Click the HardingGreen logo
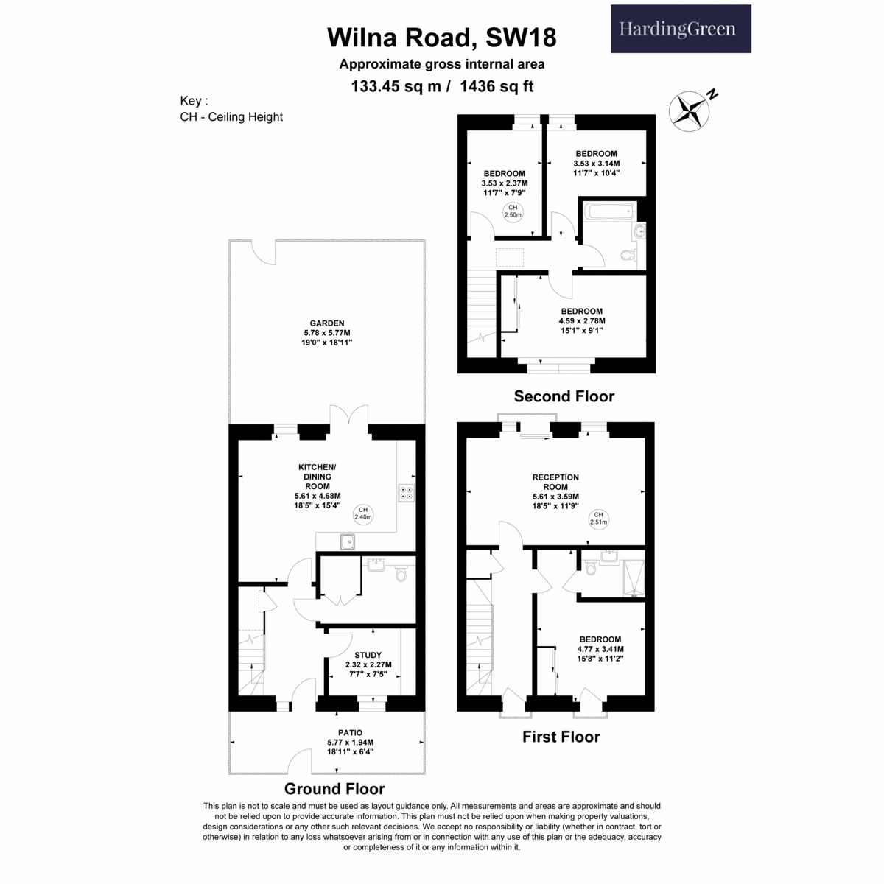point(680,29)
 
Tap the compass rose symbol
point(689,111)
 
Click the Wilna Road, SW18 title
point(441,37)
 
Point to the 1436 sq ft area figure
point(497,86)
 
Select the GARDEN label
point(326,323)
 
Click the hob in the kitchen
point(406,493)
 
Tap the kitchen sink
point(347,541)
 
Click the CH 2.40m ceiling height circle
point(363,513)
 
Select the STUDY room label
point(368,655)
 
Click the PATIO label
point(350,732)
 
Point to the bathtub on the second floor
point(610,211)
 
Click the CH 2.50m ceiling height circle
point(513,211)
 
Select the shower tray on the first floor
point(634,578)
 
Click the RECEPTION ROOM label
point(555,482)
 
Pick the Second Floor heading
point(564,396)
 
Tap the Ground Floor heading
point(334,788)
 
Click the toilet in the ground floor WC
point(401,573)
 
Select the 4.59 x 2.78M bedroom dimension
point(582,320)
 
